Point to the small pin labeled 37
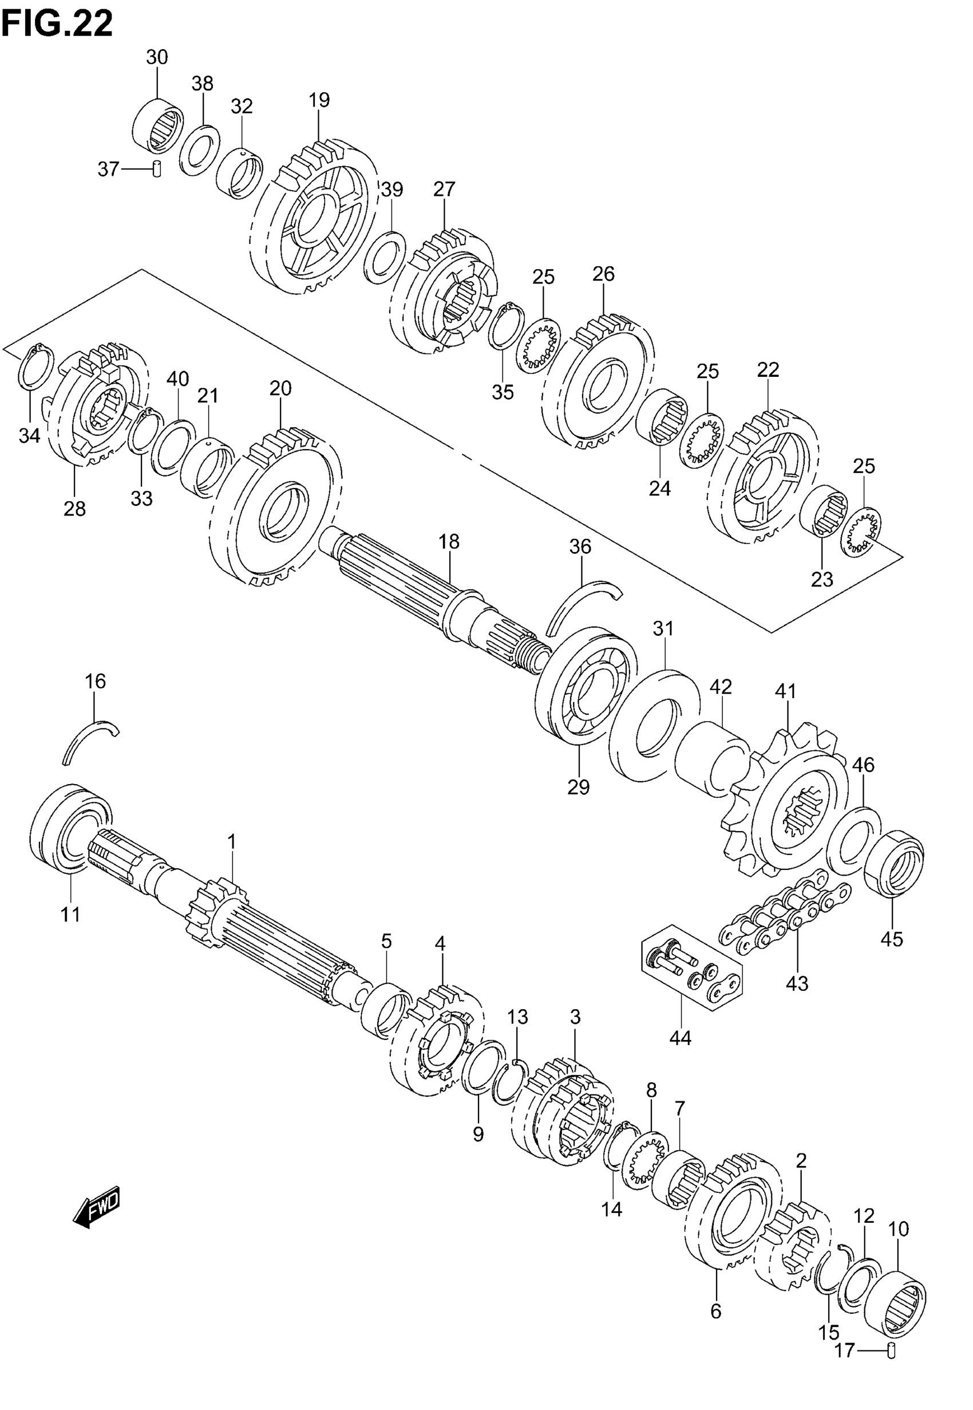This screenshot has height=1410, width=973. point(156,168)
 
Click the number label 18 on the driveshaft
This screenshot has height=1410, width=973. point(449,542)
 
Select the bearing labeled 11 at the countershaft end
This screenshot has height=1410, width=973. point(70,829)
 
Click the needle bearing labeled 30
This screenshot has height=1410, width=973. point(158,126)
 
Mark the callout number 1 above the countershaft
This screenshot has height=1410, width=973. point(232,842)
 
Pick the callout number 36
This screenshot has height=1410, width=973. point(580,546)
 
